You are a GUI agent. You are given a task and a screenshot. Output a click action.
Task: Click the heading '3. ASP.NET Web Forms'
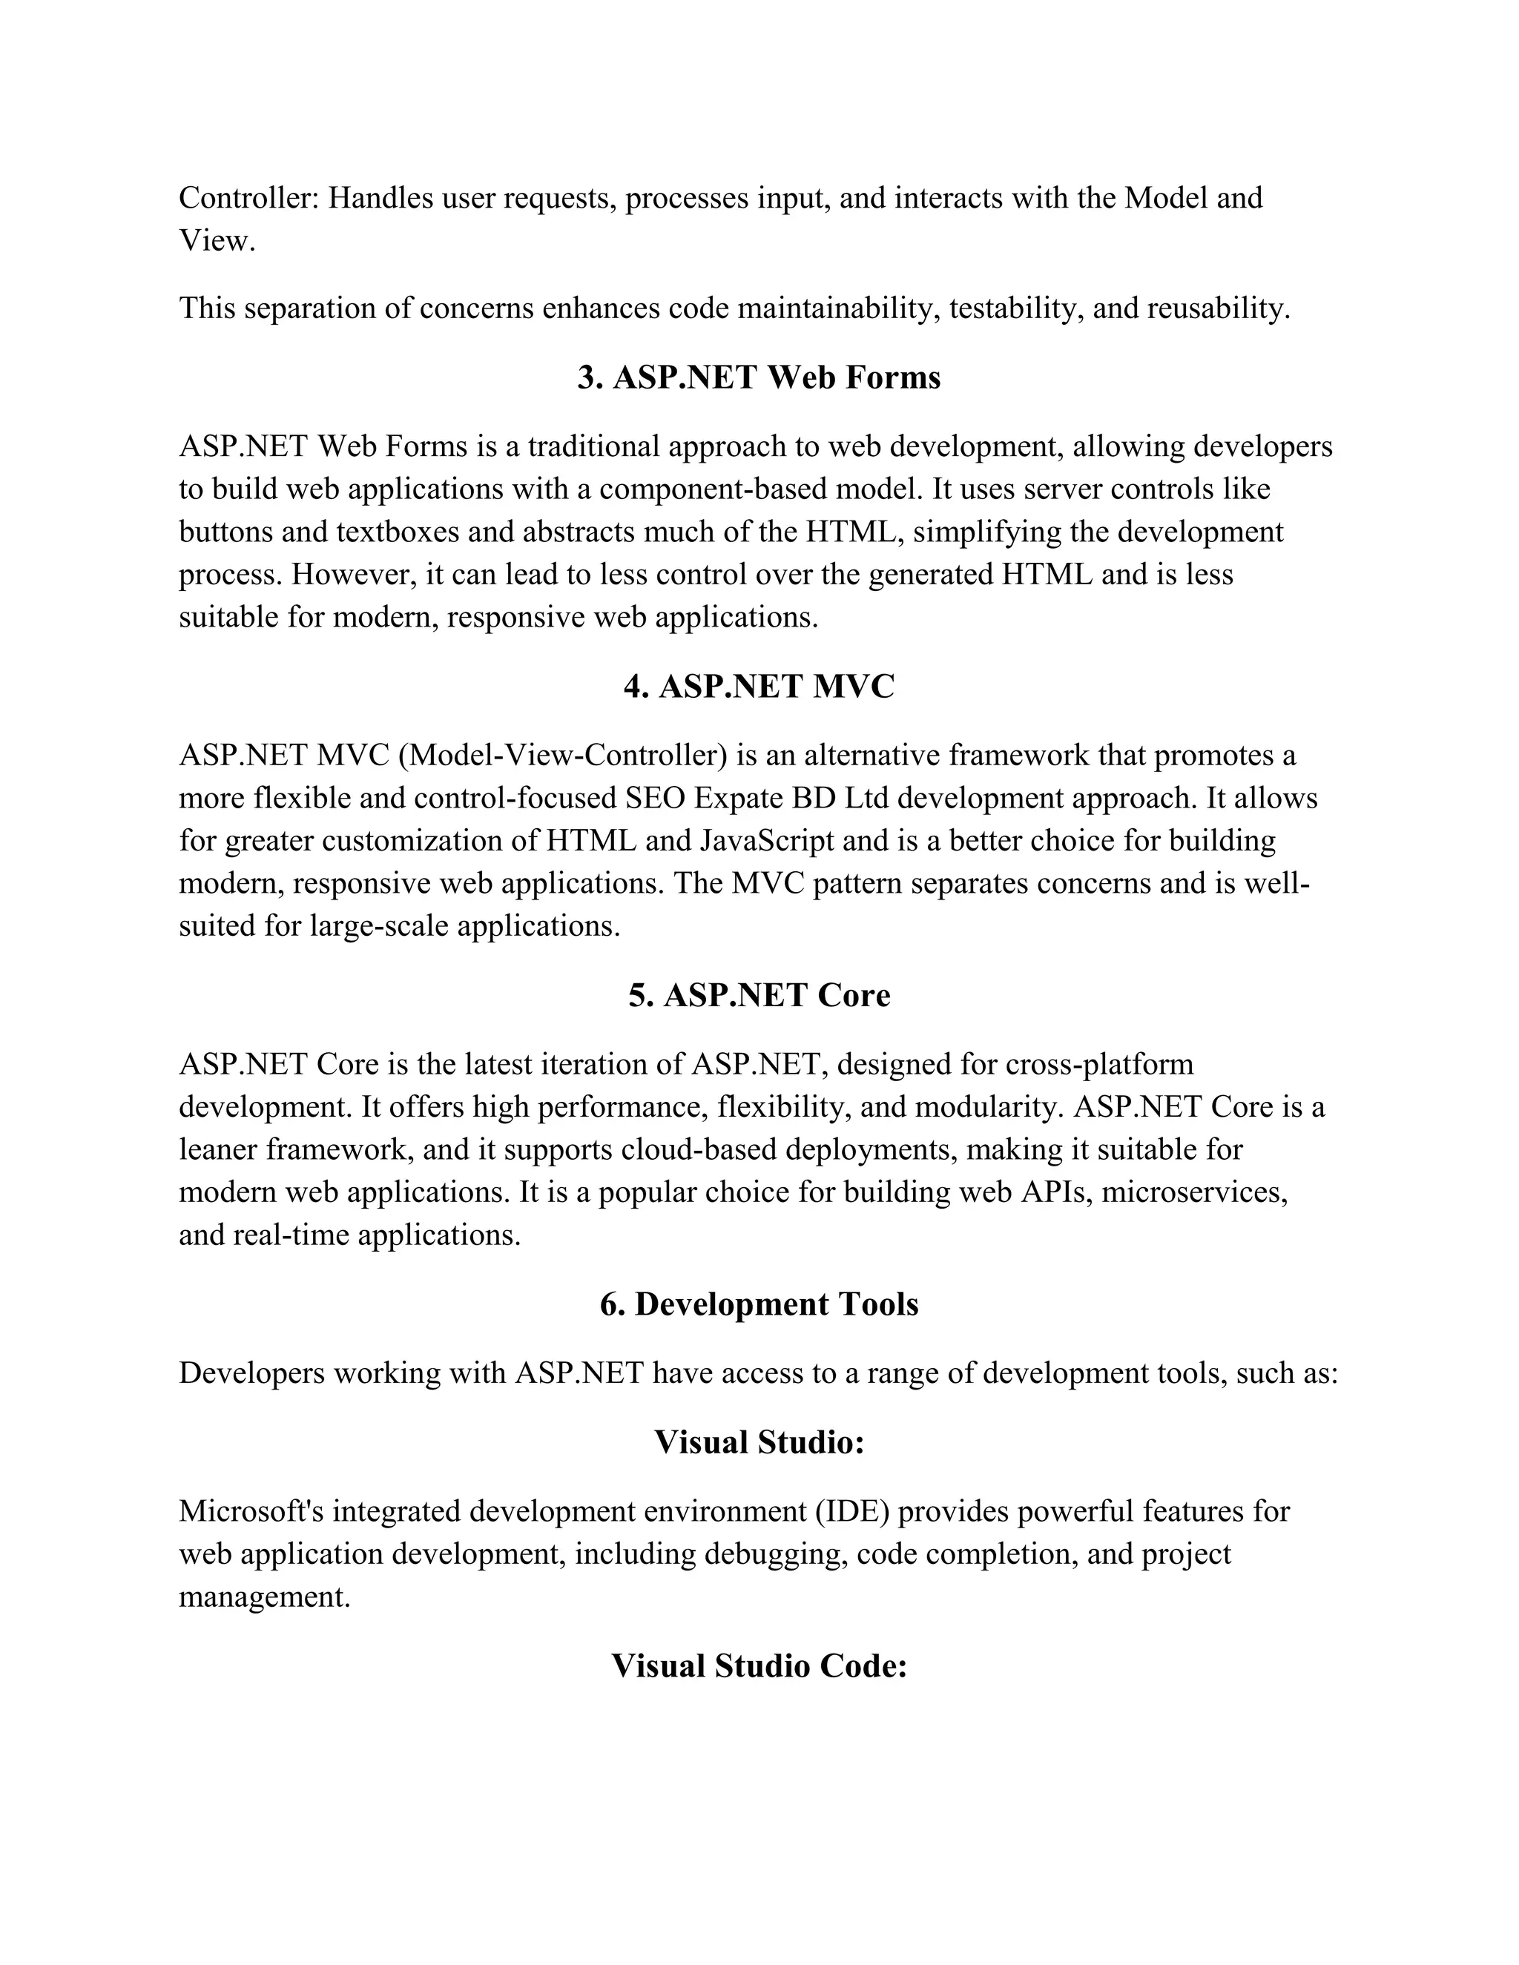(759, 377)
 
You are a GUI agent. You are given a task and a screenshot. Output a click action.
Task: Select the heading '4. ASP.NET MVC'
(759, 687)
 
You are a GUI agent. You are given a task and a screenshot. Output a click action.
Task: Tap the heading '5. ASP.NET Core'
(759, 995)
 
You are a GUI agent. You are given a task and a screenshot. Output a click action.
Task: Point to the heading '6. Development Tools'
(759, 1304)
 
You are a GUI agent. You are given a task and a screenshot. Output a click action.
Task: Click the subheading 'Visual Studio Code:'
(759, 1665)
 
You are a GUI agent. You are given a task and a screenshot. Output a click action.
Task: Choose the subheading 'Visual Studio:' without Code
(759, 1442)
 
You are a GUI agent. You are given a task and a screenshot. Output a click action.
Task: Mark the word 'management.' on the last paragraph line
(265, 1597)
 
